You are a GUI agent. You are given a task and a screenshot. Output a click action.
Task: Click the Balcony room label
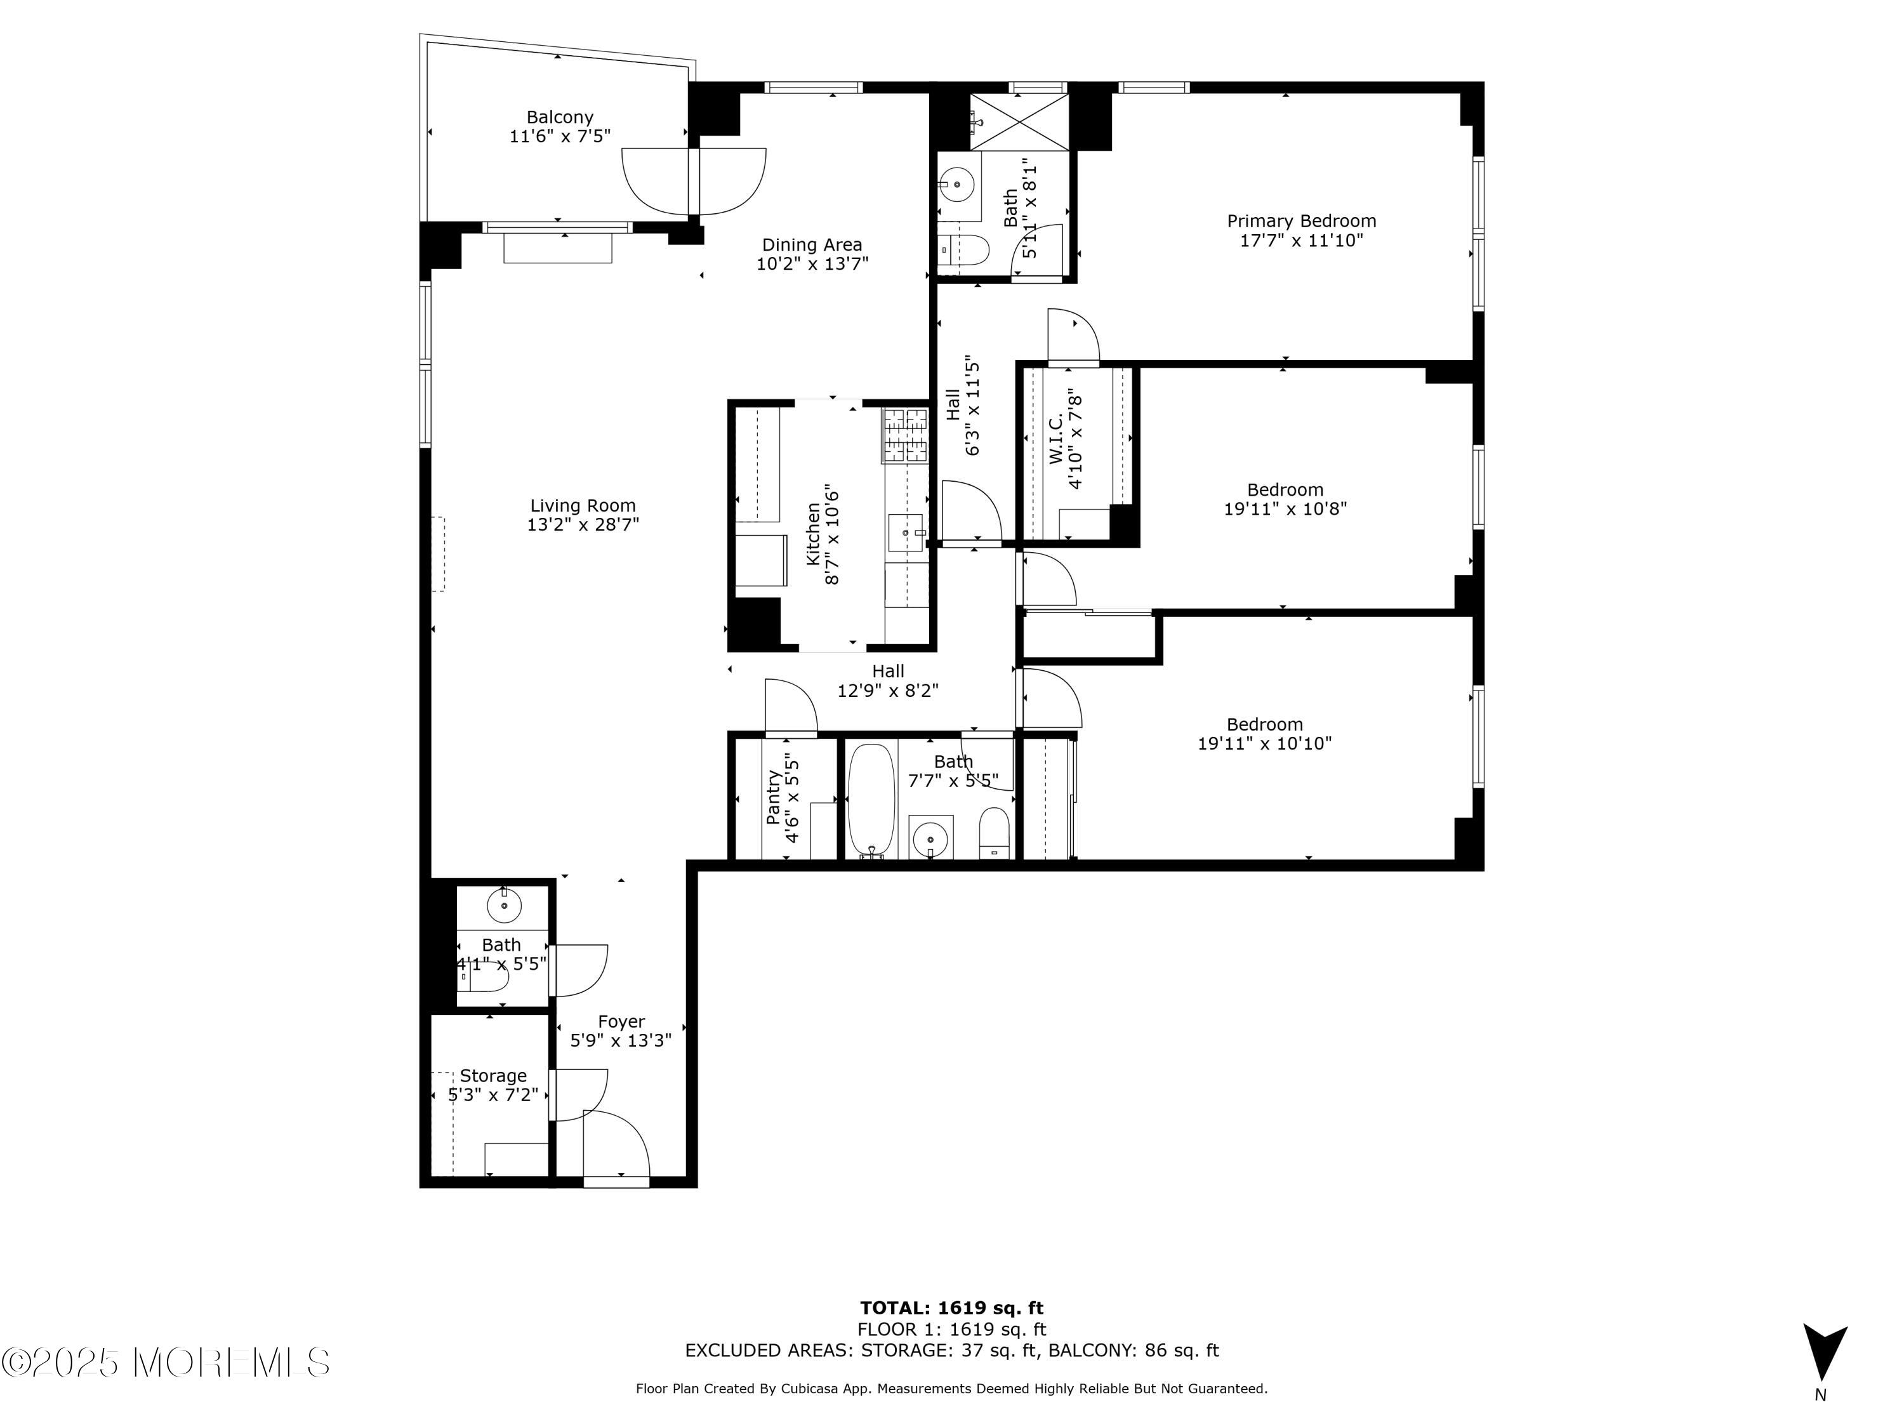click(x=560, y=117)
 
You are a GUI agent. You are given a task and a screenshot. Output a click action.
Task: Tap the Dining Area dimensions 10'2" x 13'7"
click(x=812, y=264)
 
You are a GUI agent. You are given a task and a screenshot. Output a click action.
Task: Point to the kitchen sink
click(x=906, y=533)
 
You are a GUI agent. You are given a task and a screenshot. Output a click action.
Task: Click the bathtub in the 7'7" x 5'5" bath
click(x=871, y=799)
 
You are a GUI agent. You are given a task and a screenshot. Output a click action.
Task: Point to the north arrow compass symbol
click(x=1824, y=1353)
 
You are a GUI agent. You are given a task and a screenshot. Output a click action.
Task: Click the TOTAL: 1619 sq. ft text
click(x=951, y=1308)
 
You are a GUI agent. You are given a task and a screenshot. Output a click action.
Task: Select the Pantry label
click(x=773, y=797)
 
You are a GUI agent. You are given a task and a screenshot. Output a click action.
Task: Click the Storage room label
click(x=493, y=1076)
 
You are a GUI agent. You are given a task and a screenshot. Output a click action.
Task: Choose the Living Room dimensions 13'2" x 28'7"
click(x=583, y=525)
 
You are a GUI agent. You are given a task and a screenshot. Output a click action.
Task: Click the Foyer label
click(x=621, y=1022)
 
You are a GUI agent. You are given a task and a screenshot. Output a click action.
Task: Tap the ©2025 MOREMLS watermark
click(x=165, y=1362)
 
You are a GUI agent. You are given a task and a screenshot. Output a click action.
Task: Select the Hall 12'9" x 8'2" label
click(x=887, y=680)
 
